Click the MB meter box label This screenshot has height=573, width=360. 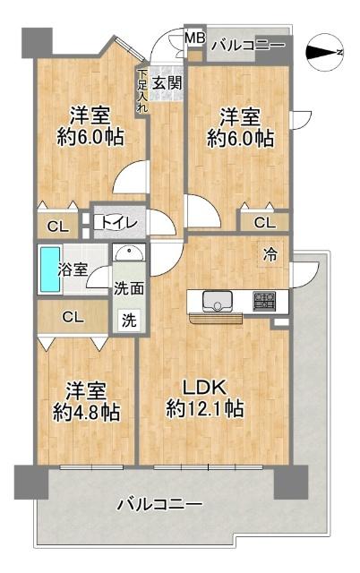(x=194, y=38)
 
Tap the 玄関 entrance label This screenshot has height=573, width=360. (x=167, y=83)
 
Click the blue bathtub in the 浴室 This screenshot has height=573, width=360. (x=47, y=269)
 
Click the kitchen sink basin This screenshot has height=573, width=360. (x=216, y=300)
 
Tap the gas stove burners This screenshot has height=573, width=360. (x=264, y=301)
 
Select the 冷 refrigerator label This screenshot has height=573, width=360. (x=270, y=254)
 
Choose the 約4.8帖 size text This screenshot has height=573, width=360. (x=86, y=413)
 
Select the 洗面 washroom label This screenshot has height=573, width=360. (x=126, y=288)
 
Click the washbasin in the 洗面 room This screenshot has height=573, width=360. (x=131, y=252)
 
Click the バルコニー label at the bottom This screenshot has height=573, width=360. (x=159, y=505)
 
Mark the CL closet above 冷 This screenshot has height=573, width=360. (x=264, y=222)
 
